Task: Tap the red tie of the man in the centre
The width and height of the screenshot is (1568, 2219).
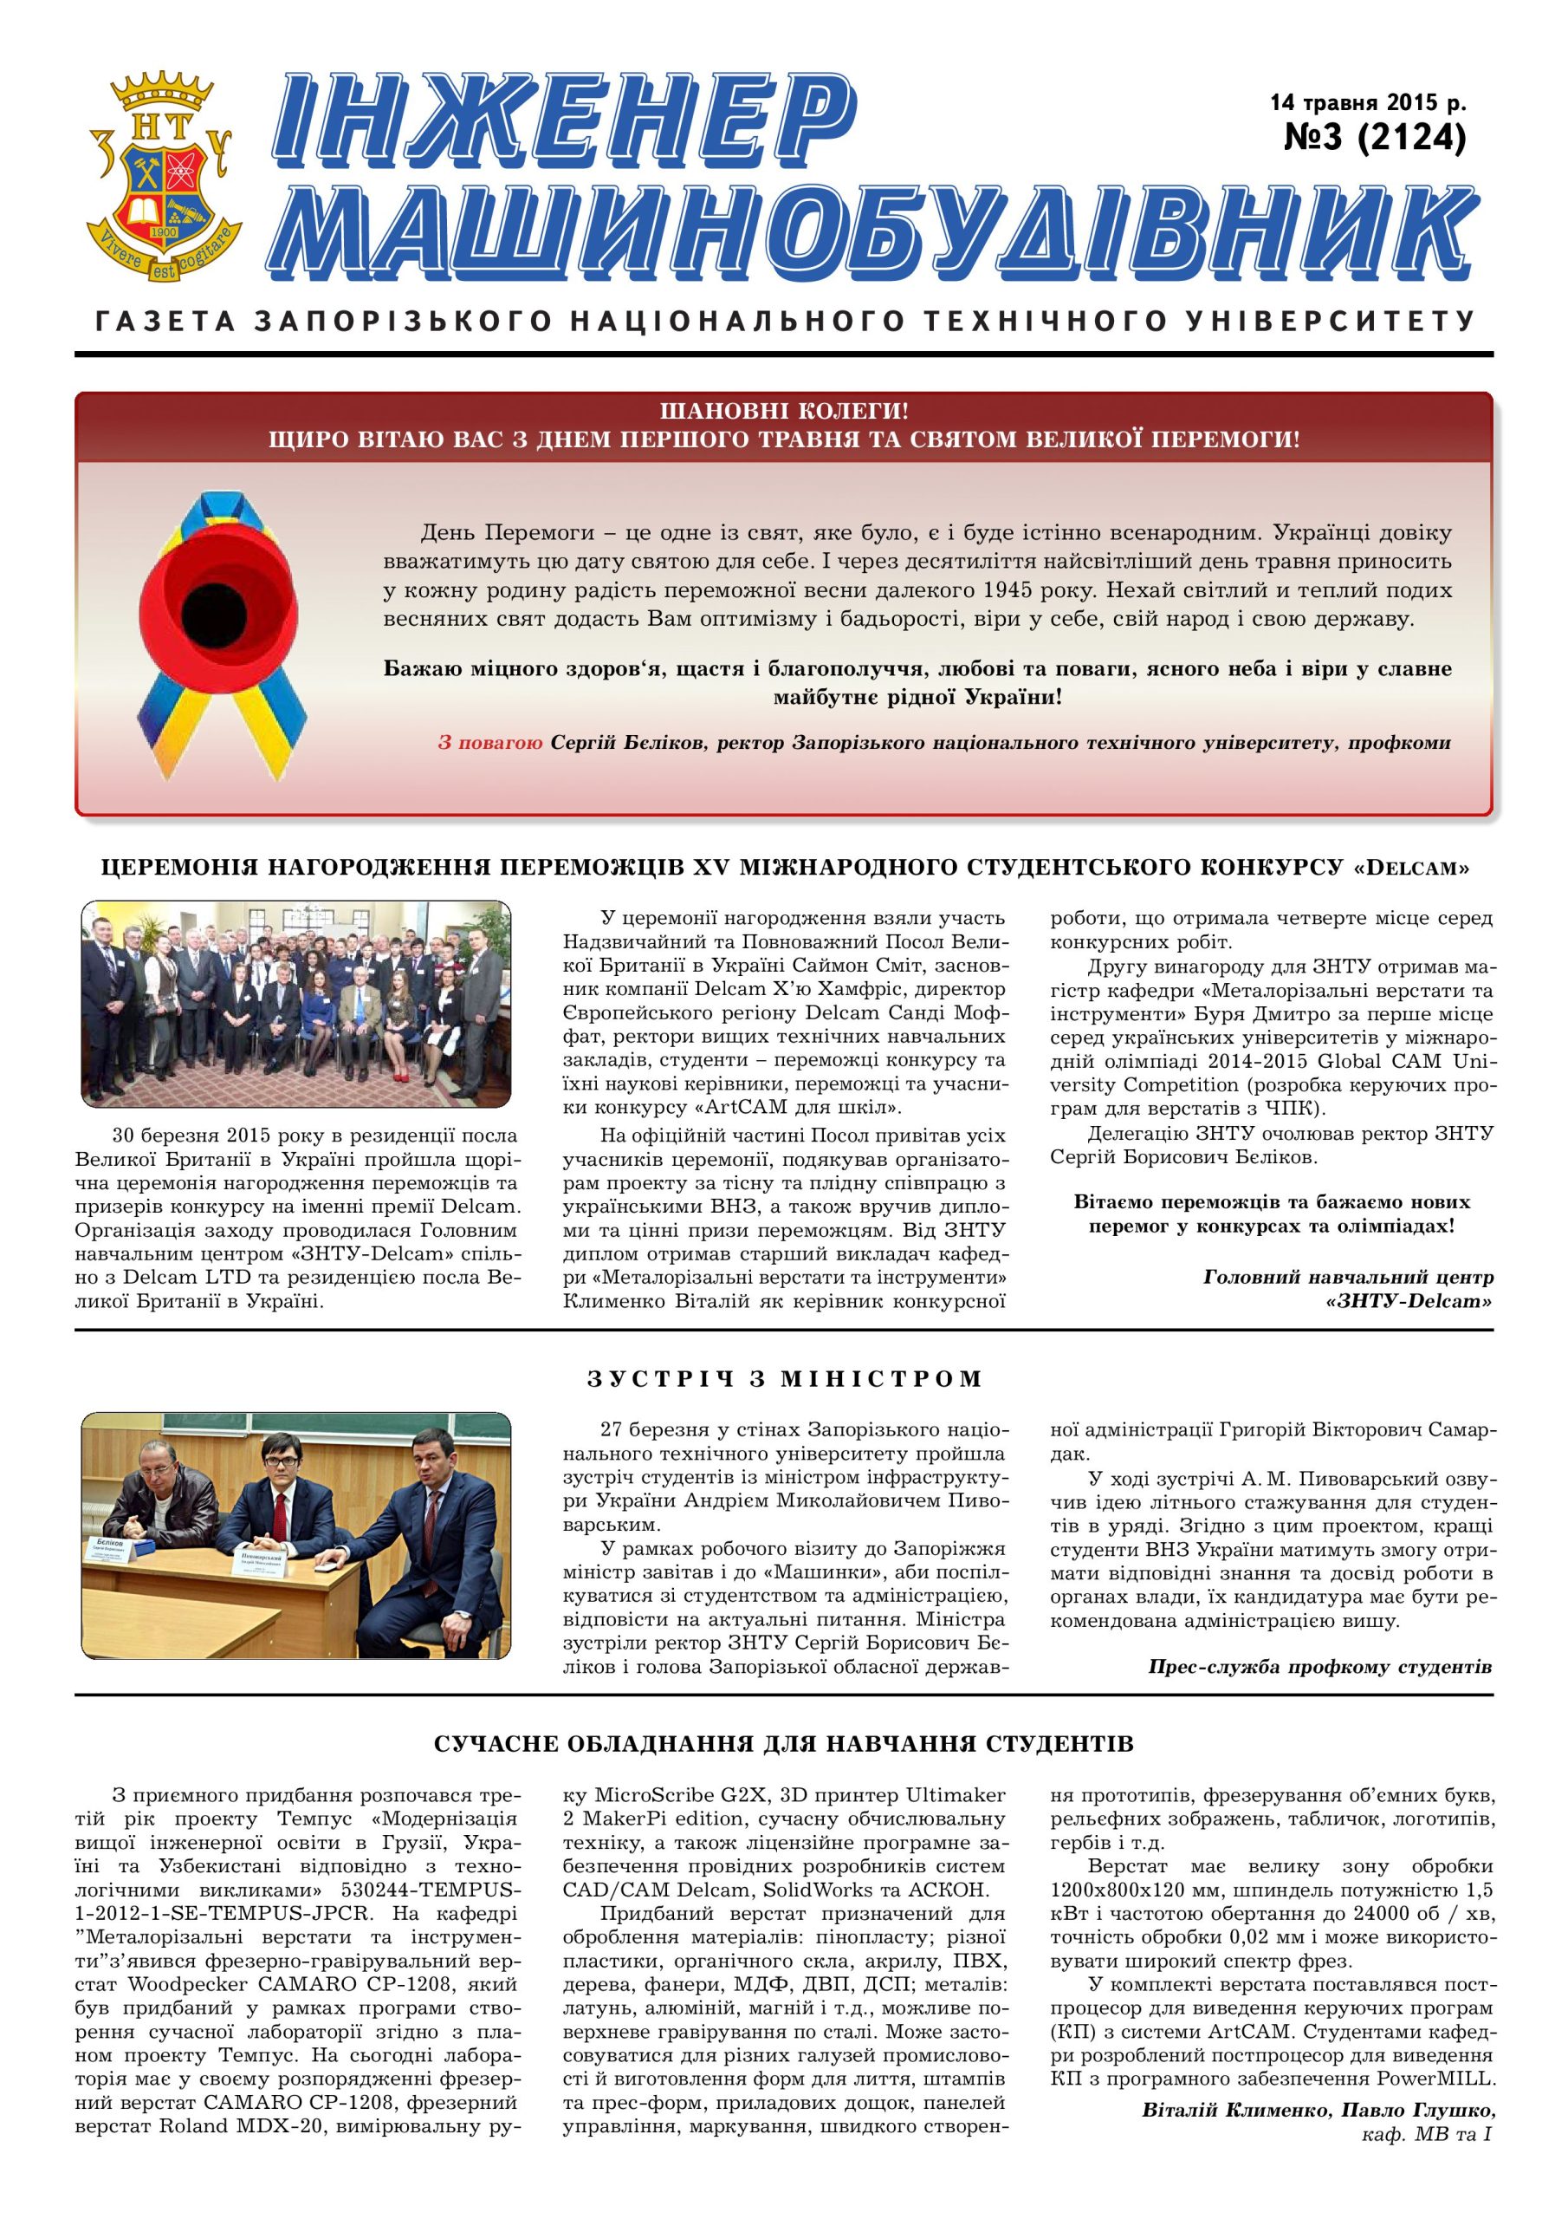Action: click(278, 1503)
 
